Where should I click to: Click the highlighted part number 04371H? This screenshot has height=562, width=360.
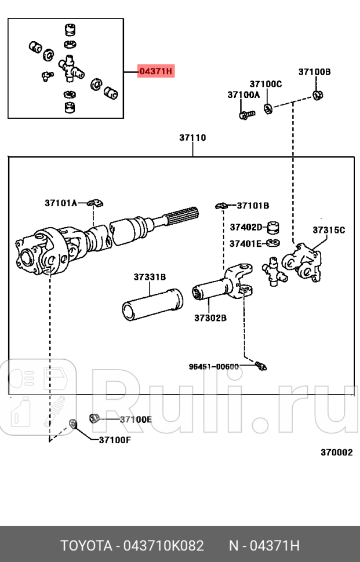point(155,71)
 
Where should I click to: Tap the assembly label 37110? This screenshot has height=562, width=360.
point(192,138)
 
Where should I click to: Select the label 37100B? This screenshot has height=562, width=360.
point(314,72)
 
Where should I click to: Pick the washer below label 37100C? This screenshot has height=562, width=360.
point(268,108)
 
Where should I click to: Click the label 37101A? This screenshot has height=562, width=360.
point(61,203)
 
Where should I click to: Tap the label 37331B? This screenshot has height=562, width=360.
point(150,278)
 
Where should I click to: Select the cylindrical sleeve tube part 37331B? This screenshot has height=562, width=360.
point(151,304)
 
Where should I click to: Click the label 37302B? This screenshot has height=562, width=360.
point(210,318)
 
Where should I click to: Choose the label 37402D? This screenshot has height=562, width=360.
point(246,227)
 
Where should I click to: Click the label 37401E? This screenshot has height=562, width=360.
point(245,243)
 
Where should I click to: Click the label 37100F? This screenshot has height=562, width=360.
point(115,439)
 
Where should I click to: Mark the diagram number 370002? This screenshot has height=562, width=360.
point(336,452)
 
